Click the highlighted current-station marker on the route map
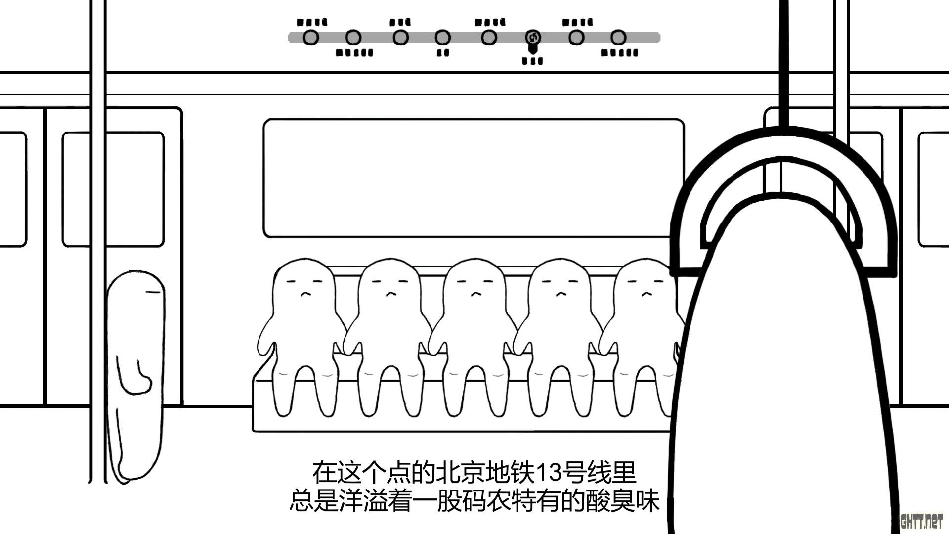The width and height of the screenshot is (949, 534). click(x=533, y=38)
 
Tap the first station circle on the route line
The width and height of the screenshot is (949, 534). click(x=310, y=38)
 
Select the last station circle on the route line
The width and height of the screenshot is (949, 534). click(x=618, y=38)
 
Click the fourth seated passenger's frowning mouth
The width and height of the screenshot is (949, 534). click(x=561, y=294)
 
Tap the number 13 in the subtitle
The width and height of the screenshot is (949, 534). click(x=549, y=473)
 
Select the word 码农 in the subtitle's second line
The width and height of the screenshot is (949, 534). click(x=487, y=501)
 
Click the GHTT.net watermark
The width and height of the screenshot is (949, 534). click(x=921, y=522)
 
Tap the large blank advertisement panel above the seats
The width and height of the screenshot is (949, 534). click(x=474, y=178)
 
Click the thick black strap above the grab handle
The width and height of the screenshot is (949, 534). click(x=784, y=59)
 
